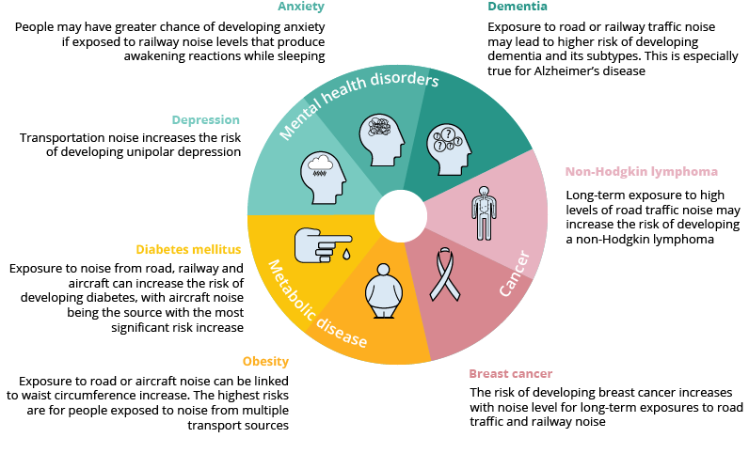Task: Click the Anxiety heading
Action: tap(301, 7)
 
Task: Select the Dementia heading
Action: tap(514, 7)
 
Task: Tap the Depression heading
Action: tap(205, 120)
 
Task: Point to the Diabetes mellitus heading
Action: tap(188, 249)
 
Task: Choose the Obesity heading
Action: tap(265, 361)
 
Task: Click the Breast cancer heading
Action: tap(511, 373)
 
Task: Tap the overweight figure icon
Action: tap(383, 291)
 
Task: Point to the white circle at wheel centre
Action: tap(400, 215)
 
